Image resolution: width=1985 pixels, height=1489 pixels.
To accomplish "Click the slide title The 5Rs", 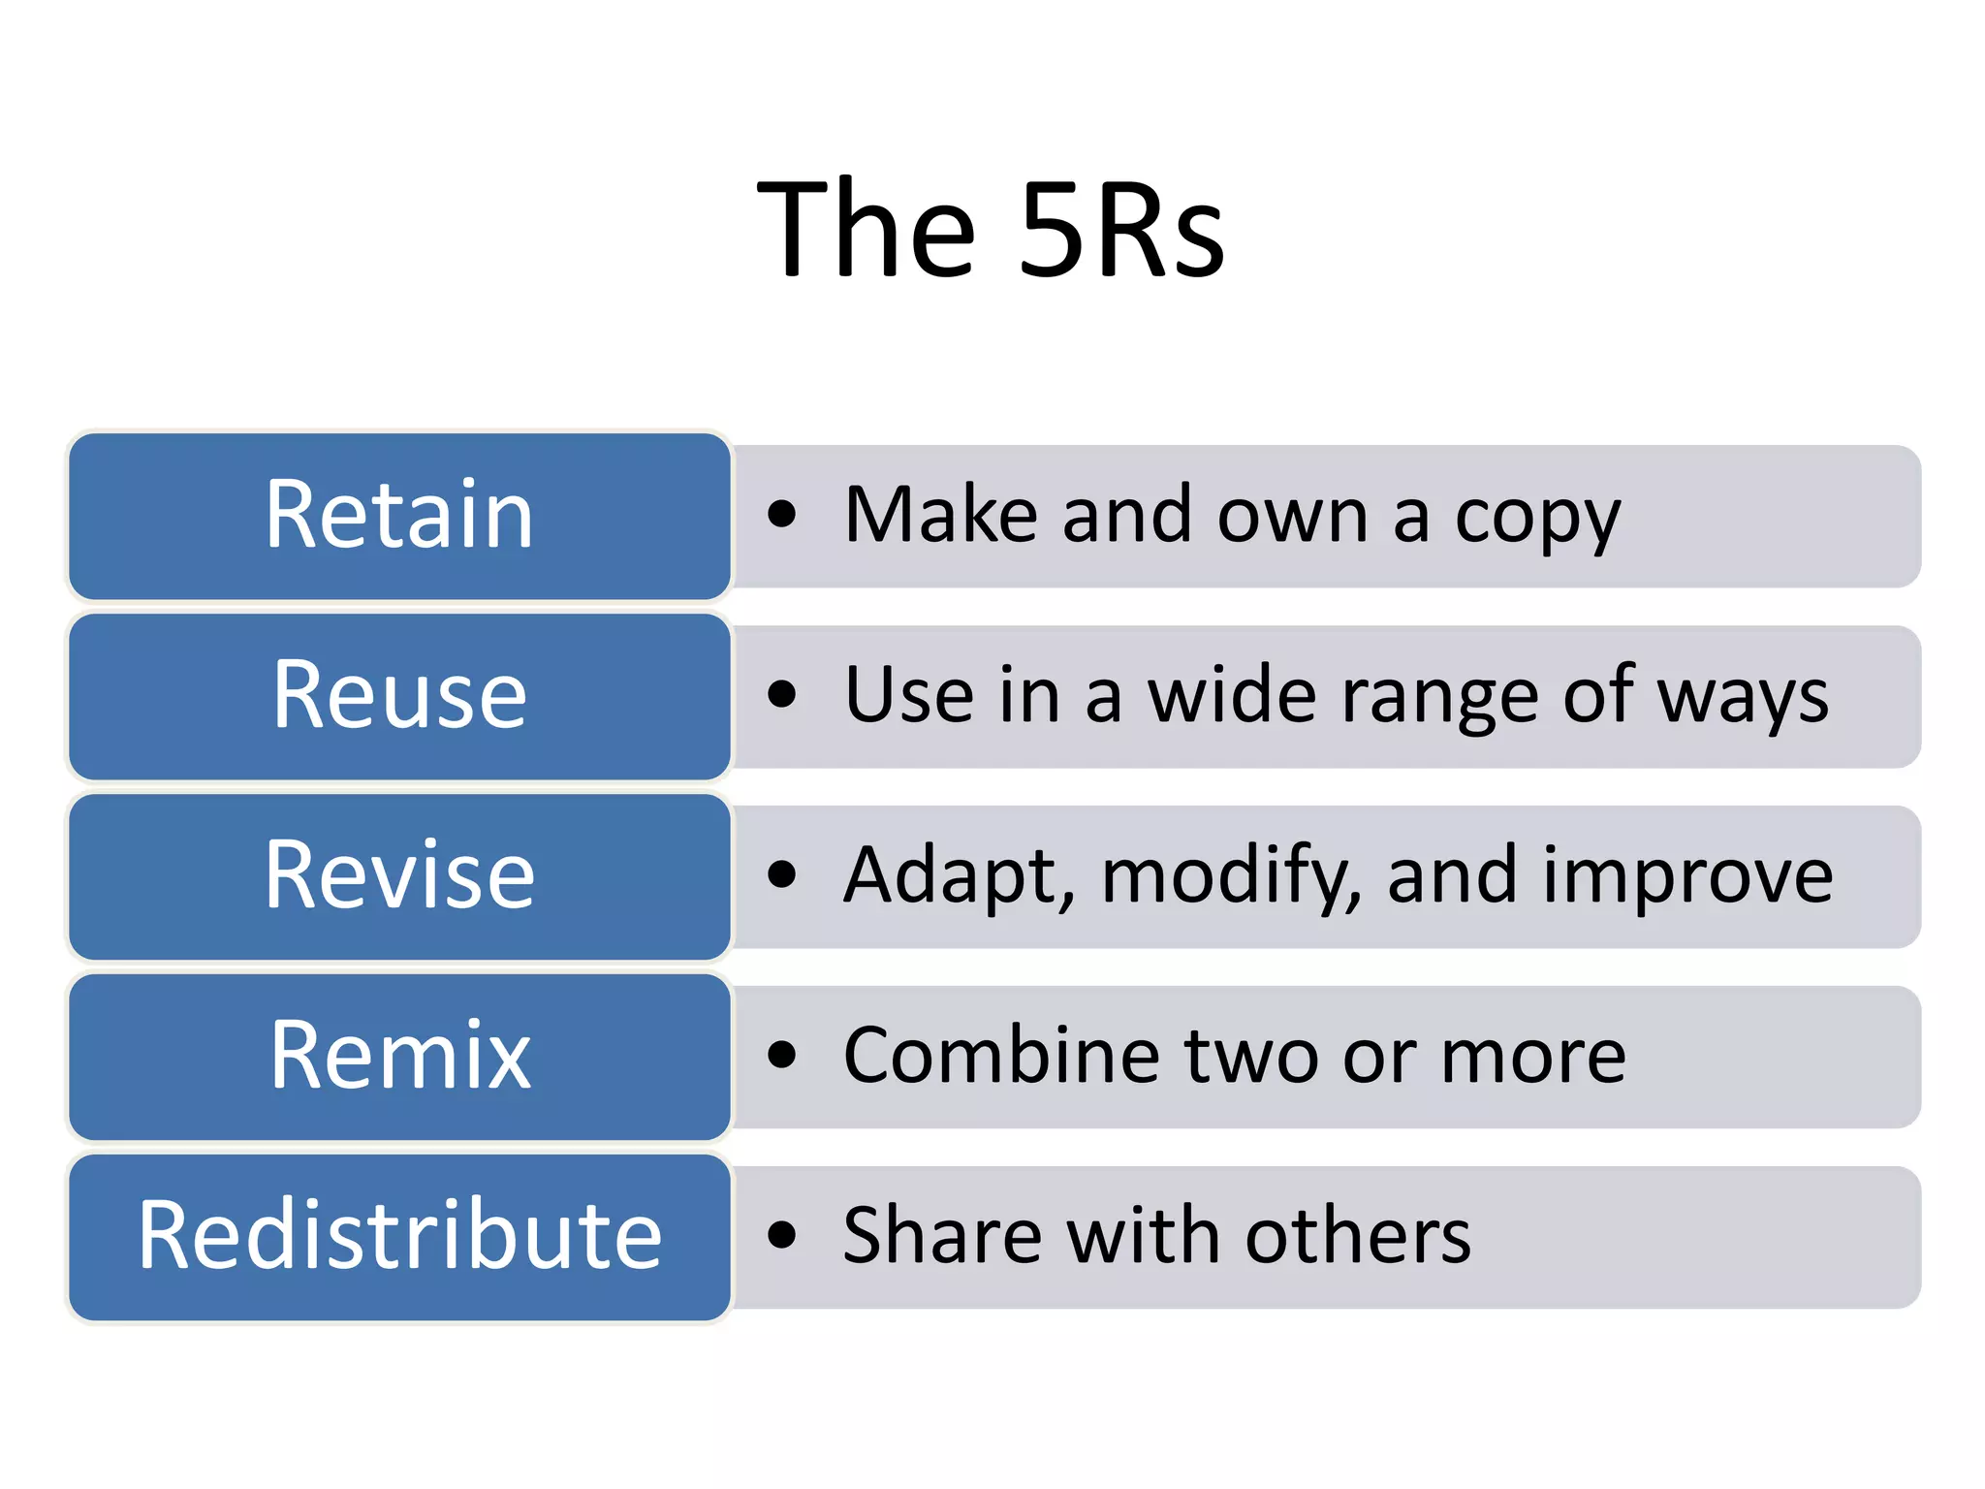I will tap(991, 230).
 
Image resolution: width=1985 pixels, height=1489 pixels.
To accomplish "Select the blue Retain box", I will tap(399, 516).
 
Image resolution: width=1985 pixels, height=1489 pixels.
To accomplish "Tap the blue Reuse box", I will tap(399, 696).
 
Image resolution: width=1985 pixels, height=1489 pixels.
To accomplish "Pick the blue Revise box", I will tap(399, 876).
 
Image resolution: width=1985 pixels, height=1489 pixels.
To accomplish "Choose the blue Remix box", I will tap(399, 1057).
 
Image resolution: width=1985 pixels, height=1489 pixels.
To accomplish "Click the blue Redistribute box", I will tap(399, 1237).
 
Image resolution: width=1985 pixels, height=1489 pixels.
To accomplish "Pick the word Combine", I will tap(1000, 1056).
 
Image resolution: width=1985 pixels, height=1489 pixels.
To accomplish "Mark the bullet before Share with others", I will tap(781, 1236).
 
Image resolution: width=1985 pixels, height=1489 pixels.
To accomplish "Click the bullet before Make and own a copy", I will tap(781, 515).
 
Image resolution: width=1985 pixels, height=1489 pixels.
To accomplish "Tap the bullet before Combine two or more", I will tap(781, 1056).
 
